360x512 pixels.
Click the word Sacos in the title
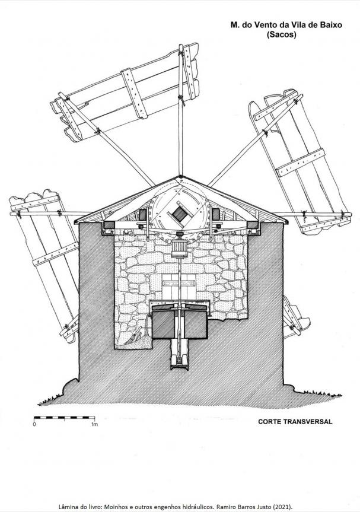click(281, 34)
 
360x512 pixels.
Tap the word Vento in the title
click(262, 25)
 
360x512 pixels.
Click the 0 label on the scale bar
click(34, 424)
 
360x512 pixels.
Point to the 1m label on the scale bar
click(94, 424)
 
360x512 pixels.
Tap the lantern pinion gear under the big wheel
click(180, 248)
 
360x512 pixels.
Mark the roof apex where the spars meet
click(180, 177)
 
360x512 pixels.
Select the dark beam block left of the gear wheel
click(142, 215)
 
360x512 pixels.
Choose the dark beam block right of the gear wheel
click(216, 215)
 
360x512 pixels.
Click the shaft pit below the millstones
click(180, 354)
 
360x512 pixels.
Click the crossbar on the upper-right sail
click(300, 163)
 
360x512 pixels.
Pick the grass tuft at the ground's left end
click(49, 400)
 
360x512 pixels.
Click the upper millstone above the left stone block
click(164, 307)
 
